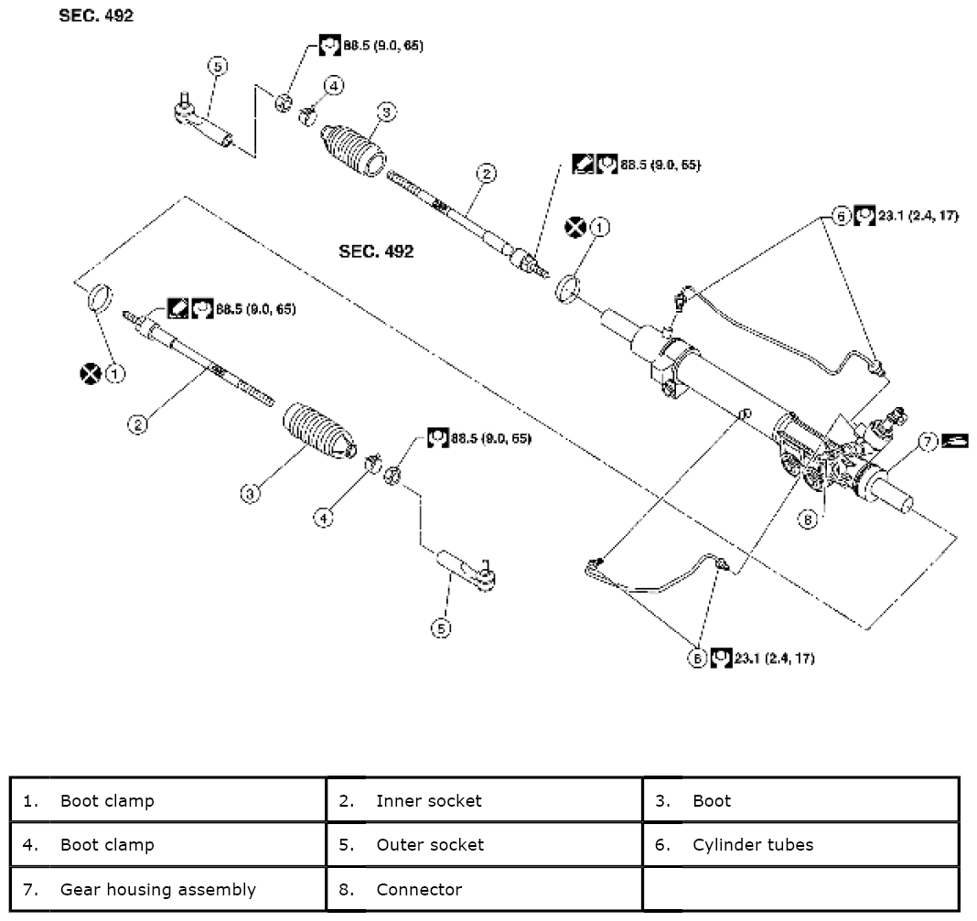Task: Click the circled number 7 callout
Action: pos(927,442)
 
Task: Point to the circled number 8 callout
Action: pos(807,519)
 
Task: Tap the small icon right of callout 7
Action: pos(955,441)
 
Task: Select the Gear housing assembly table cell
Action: pos(168,889)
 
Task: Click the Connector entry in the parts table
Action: pos(484,889)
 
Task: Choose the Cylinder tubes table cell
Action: pos(800,844)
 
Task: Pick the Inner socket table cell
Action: pos(484,800)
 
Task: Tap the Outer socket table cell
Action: pos(484,844)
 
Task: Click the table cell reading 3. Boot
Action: pos(800,800)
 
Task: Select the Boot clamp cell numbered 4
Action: pos(168,844)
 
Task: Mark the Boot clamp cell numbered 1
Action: pos(168,800)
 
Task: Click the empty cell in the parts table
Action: pos(800,889)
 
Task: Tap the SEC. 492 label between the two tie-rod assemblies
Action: pos(376,252)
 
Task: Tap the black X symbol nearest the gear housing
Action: pos(574,227)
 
